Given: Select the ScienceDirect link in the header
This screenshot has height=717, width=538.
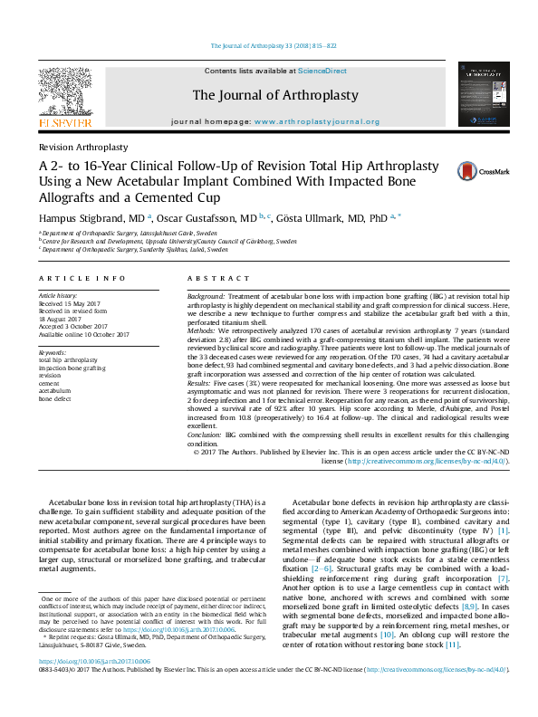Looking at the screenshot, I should tap(322, 71).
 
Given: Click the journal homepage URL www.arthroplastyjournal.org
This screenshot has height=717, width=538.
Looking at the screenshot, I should tap(316, 120).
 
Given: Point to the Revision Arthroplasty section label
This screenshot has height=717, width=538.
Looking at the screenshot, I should tap(82, 146).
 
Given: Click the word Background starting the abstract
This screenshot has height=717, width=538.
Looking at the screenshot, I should tap(207, 296).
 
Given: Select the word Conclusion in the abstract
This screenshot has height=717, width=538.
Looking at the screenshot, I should tap(205, 435).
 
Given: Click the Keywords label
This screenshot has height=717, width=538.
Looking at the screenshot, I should tap(53, 351).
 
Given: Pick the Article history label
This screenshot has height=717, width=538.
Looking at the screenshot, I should tap(59, 296).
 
